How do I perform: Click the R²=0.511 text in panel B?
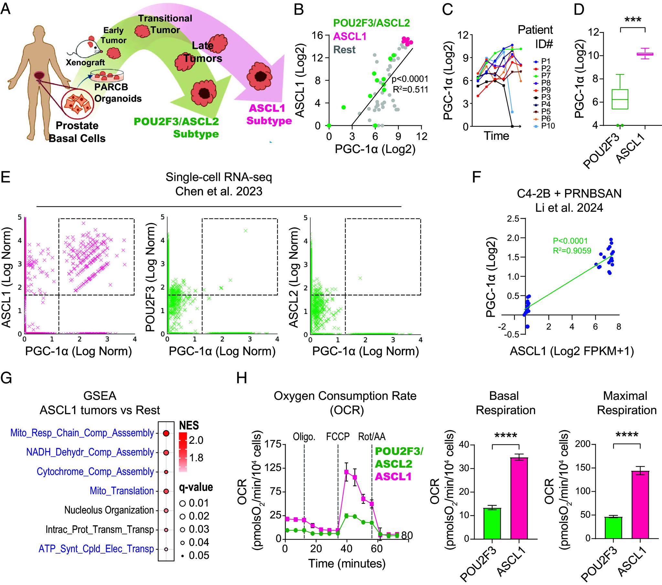[410, 90]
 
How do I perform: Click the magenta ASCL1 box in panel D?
[645, 54]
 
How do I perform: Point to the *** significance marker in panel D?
[633, 20]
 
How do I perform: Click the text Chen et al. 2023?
[219, 191]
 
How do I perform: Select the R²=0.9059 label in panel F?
[572, 250]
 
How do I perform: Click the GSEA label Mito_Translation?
[122, 491]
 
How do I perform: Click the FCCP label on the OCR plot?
[338, 437]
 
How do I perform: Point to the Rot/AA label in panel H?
[372, 437]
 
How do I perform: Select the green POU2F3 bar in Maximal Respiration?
[613, 528]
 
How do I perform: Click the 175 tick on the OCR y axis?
[273, 444]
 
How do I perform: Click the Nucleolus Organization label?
[109, 510]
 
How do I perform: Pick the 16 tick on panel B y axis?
[318, 35]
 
